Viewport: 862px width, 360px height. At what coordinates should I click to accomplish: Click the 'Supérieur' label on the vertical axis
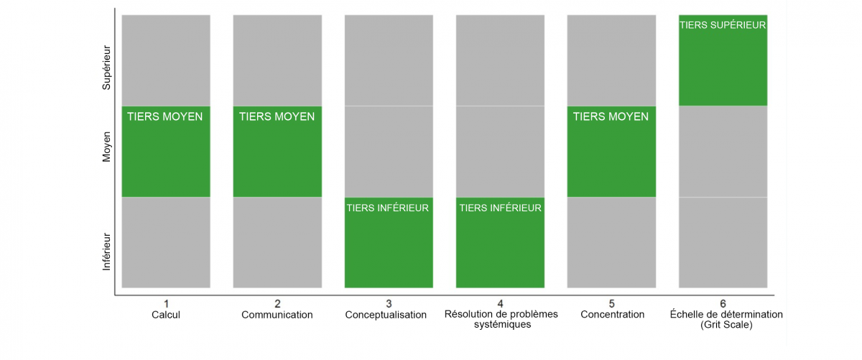tap(106, 68)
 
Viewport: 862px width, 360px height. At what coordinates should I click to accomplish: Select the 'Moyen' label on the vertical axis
tap(106, 147)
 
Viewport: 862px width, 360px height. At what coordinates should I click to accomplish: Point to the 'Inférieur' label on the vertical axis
tap(106, 251)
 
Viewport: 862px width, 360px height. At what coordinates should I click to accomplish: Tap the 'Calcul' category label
tap(166, 315)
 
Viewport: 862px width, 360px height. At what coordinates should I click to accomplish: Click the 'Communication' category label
tap(277, 315)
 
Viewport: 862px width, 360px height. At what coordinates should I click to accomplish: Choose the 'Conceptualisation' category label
tap(386, 315)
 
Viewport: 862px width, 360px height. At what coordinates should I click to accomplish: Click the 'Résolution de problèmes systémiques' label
tap(501, 319)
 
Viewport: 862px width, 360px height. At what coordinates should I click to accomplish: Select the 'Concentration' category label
tap(612, 315)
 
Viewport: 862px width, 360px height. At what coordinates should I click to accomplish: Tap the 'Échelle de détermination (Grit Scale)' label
tap(726, 320)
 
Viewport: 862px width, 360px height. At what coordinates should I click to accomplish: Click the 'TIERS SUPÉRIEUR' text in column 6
tap(723, 25)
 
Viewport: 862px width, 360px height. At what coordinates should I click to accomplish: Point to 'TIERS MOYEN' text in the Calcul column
tap(164, 116)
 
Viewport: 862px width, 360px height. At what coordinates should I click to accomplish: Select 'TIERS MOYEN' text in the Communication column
tap(277, 116)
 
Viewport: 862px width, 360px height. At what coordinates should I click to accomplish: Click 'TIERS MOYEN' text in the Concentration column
tap(611, 116)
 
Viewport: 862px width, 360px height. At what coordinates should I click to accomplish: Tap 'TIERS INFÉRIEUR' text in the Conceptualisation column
tap(387, 208)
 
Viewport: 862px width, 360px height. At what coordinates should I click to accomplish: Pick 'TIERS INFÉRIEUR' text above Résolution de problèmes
tap(500, 208)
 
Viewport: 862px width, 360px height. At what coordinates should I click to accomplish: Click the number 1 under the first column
tap(166, 304)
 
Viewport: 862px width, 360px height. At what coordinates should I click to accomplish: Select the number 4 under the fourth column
tap(500, 304)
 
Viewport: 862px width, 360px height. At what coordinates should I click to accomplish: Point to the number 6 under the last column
tap(723, 304)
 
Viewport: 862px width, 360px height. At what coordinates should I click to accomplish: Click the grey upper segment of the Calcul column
tap(166, 60)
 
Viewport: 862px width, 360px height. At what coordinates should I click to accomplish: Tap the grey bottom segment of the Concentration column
tap(611, 243)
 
